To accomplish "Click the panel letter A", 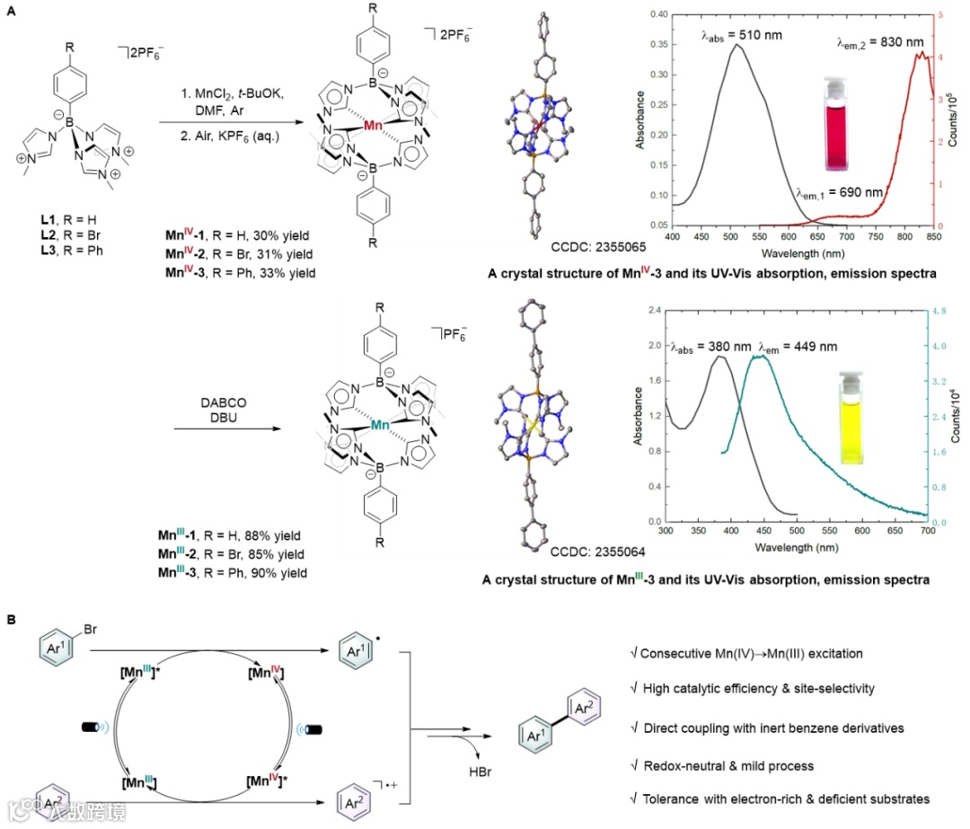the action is point(10,8).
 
